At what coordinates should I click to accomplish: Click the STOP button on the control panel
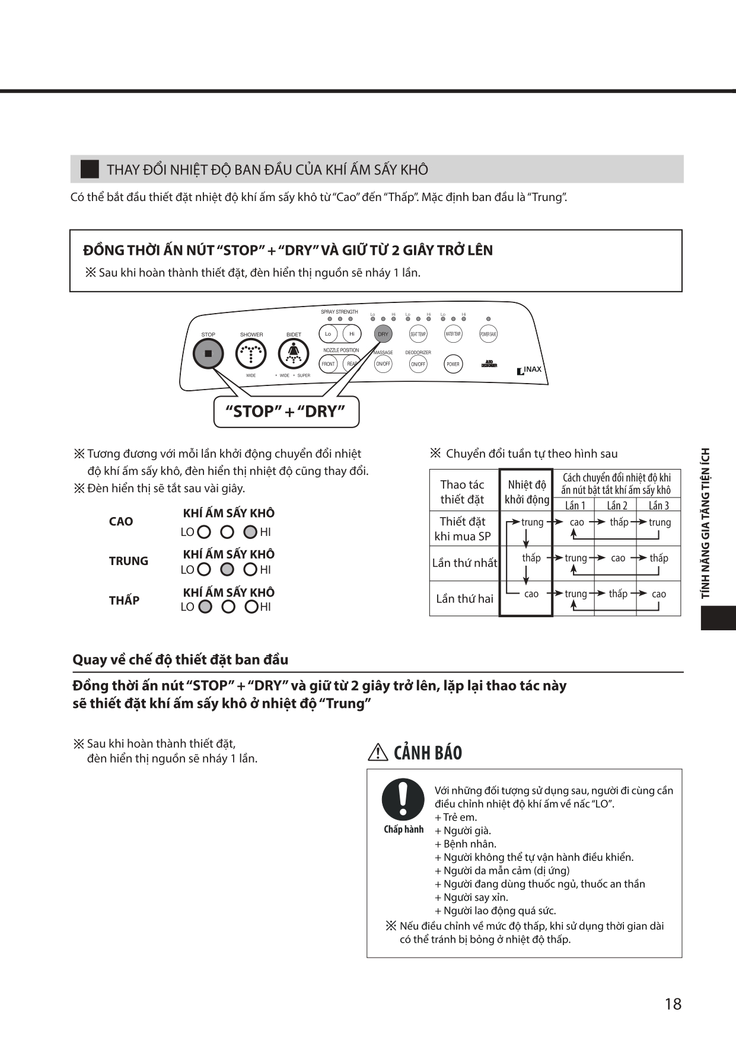pyautogui.click(x=208, y=354)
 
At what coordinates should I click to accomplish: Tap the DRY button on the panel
pyautogui.click(x=383, y=334)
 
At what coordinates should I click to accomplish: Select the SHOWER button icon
pyautogui.click(x=251, y=354)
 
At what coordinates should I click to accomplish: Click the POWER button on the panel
pyautogui.click(x=453, y=364)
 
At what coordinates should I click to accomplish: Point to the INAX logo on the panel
pyautogui.click(x=530, y=370)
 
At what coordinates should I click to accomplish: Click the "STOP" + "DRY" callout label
pyautogui.click(x=286, y=411)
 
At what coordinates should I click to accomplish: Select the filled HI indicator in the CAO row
pyautogui.click(x=250, y=532)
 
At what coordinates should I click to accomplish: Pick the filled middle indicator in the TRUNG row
pyautogui.click(x=227, y=569)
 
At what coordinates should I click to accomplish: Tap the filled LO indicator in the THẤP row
pyautogui.click(x=205, y=607)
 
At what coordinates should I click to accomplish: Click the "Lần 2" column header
pyautogui.click(x=617, y=505)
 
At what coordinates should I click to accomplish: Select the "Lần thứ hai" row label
pyautogui.click(x=464, y=599)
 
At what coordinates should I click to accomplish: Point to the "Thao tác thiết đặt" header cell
pyautogui.click(x=463, y=492)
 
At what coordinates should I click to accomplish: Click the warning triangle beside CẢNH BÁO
pyautogui.click(x=378, y=752)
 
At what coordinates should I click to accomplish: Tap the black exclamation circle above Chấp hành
pyautogui.click(x=403, y=799)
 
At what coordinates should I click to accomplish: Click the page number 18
pyautogui.click(x=673, y=1004)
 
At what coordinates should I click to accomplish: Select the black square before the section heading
pyautogui.click(x=90, y=170)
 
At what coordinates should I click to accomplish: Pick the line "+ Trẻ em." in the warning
pyautogui.click(x=455, y=817)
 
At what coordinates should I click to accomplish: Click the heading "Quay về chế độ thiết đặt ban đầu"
pyautogui.click(x=180, y=660)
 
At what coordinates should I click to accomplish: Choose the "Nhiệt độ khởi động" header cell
pyautogui.click(x=527, y=492)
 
